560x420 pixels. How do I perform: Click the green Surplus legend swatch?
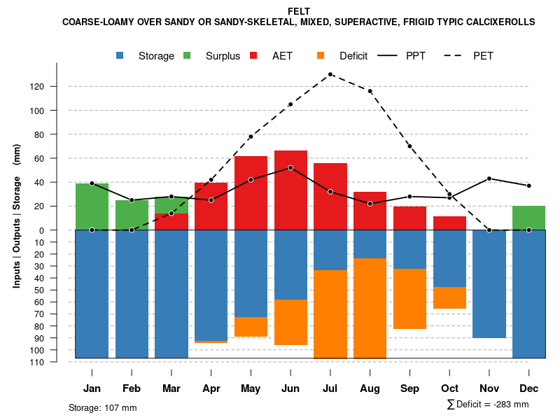(187, 55)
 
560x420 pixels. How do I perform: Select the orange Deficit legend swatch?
(321, 55)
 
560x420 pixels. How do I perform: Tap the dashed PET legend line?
(456, 55)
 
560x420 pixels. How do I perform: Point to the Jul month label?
(330, 388)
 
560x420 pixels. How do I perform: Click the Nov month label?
(489, 388)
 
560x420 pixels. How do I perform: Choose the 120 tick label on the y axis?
(57, 87)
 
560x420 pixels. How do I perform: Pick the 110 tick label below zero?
(57, 362)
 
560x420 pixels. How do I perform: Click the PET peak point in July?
(330, 74)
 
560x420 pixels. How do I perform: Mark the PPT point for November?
(489, 178)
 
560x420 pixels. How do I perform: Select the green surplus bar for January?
(92, 206)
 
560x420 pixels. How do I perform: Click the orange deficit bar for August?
(370, 308)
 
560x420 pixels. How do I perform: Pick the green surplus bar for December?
(529, 218)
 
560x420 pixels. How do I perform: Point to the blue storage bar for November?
(489, 283)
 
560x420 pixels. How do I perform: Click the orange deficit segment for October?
(449, 297)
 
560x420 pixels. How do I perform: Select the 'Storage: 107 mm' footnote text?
(102, 407)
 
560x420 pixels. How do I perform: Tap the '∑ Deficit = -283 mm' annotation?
(487, 405)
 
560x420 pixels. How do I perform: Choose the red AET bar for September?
(409, 218)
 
